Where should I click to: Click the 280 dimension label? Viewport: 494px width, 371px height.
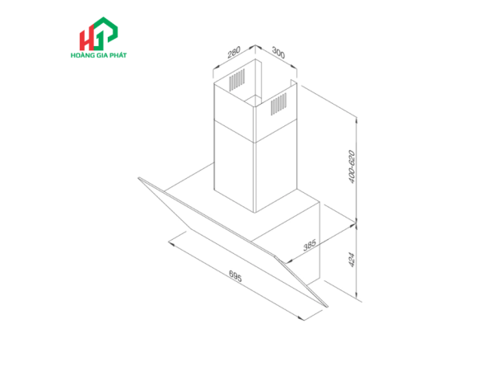click(x=234, y=52)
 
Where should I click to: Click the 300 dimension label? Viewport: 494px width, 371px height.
click(x=278, y=53)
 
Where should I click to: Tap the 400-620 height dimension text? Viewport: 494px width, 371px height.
click(x=352, y=167)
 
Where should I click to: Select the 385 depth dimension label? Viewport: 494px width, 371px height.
click(x=310, y=245)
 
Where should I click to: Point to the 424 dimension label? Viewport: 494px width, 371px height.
click(x=352, y=260)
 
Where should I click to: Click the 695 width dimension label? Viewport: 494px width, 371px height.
click(x=235, y=275)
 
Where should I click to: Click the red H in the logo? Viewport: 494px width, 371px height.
click(x=86, y=39)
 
